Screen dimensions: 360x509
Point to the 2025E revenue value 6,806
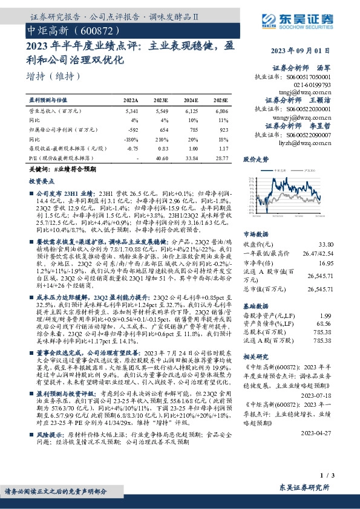pos(221,112)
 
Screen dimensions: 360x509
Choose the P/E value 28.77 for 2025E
pos(221,157)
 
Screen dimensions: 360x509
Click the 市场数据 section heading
pos(255,233)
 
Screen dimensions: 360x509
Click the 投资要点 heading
pos(41,180)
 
